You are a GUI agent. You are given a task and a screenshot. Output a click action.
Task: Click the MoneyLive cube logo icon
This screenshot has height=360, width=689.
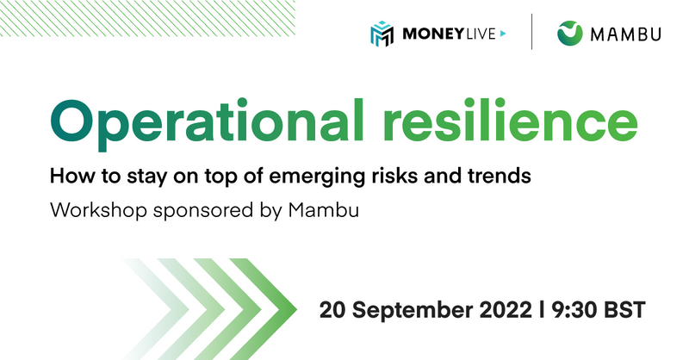pos(382,34)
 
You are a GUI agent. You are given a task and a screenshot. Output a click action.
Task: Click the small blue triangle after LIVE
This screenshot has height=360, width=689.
pos(503,34)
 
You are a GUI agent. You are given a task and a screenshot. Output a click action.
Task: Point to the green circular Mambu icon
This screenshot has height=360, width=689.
pos(570,34)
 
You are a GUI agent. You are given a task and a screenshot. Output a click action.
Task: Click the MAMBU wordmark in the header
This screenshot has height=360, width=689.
pos(626,34)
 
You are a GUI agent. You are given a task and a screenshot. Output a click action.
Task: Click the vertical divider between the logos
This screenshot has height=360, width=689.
pos(531,32)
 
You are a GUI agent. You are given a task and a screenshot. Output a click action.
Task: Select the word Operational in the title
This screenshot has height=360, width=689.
pos(208,122)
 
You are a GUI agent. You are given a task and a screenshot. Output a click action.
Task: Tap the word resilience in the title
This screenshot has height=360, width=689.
pos(510,120)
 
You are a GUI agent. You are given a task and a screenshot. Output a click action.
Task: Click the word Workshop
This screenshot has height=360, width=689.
pos(98,210)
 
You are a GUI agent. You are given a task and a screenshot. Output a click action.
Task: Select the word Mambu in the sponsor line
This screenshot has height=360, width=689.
pos(324,209)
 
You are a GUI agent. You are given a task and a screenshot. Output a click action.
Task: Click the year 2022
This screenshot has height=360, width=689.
pos(506,310)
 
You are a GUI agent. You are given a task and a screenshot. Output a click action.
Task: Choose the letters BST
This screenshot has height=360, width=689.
pos(625,310)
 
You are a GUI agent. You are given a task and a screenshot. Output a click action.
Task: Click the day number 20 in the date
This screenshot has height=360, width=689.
pos(332,310)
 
